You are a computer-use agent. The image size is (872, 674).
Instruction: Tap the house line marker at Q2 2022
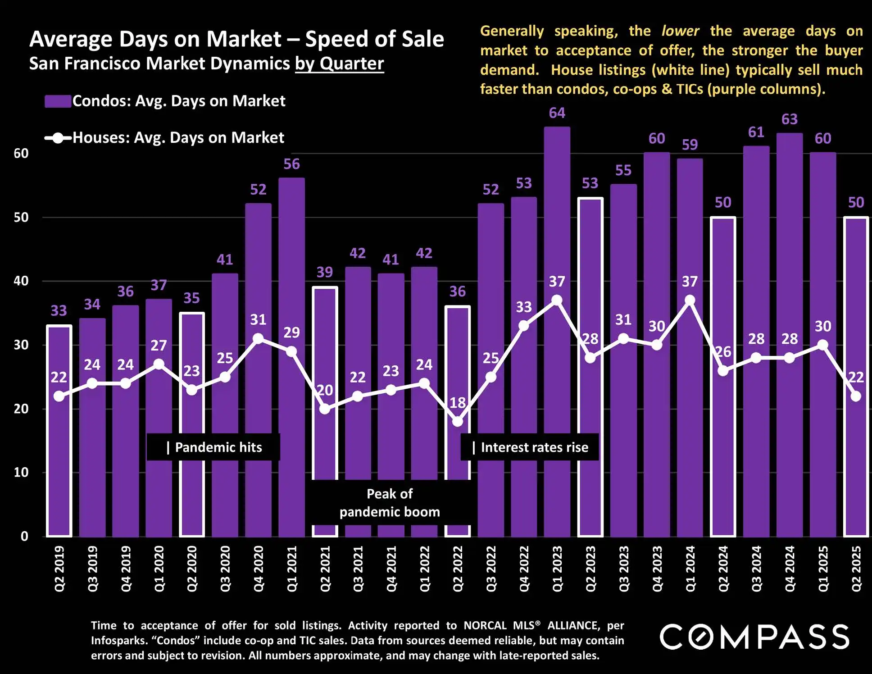pos(458,422)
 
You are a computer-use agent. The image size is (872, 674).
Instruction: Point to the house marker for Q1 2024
pos(690,301)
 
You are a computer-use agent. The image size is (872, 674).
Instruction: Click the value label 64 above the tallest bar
pos(557,113)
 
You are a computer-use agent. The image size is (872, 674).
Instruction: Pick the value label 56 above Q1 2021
pos(291,164)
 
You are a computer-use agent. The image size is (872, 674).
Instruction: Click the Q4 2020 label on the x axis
pos(259,569)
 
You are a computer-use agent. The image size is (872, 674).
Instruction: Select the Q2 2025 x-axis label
pos(856,569)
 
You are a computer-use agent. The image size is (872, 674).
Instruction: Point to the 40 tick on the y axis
pos(21,281)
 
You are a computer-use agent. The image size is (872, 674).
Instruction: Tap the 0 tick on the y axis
pos(24,536)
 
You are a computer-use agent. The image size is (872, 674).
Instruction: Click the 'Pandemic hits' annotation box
pos(213,447)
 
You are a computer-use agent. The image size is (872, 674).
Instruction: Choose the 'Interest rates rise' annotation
pos(530,447)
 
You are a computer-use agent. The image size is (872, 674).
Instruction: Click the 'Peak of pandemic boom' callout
pos(390,503)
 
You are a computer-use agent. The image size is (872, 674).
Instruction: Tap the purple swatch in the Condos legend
pos(58,101)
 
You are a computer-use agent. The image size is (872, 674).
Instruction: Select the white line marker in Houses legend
pos(58,138)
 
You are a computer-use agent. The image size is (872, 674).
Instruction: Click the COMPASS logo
pos(754,637)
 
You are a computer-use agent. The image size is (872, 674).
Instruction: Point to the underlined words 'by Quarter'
pos(340,64)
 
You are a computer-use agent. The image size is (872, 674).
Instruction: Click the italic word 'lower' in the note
pos(680,31)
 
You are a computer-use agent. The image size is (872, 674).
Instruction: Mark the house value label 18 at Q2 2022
pos(458,402)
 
